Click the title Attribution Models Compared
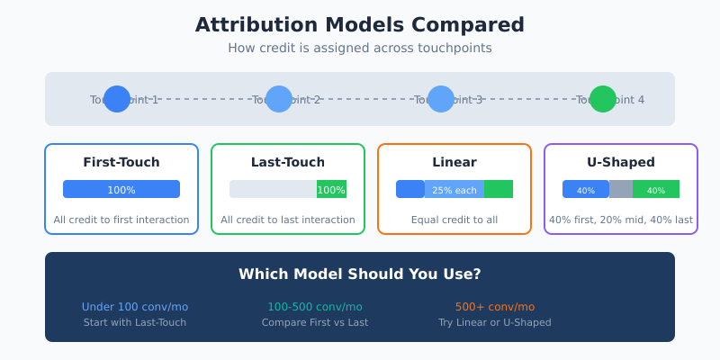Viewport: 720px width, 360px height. click(360, 25)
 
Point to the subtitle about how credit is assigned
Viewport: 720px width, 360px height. click(360, 48)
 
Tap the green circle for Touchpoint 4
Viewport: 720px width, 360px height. click(603, 99)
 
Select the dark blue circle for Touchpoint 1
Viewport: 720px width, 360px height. click(117, 99)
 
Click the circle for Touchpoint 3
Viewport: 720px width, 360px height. click(441, 99)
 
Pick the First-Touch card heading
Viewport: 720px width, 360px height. click(121, 163)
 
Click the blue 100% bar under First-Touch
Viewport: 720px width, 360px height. click(121, 189)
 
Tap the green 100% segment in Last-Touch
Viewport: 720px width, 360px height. click(331, 189)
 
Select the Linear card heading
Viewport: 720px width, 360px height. click(454, 163)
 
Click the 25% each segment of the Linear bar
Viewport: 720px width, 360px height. click(454, 189)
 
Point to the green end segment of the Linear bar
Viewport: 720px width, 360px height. click(499, 189)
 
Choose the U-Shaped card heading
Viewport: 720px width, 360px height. click(621, 163)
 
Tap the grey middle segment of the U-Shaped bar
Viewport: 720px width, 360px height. click(621, 189)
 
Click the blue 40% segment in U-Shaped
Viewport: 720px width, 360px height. click(586, 189)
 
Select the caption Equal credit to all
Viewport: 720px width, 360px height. click(454, 220)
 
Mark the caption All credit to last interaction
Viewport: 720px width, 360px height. click(288, 220)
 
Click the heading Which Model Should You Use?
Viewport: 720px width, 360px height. click(360, 274)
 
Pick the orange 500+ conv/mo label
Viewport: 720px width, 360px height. click(495, 307)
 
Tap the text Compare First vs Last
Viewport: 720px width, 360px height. click(315, 322)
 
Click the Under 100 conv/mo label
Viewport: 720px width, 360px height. click(135, 307)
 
